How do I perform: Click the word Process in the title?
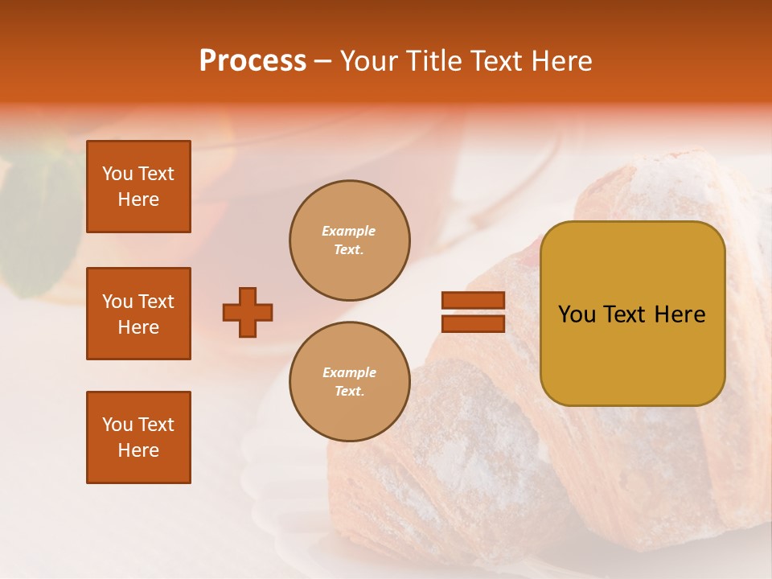(253, 61)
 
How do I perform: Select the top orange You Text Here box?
(138, 187)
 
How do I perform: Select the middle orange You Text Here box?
(138, 314)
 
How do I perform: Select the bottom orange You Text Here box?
(138, 437)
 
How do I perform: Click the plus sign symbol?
(248, 312)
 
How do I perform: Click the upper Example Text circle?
(350, 240)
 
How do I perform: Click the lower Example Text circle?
(350, 382)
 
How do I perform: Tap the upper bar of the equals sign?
(473, 300)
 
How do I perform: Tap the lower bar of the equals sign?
(473, 323)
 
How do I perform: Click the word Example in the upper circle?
(349, 231)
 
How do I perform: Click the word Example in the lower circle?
(349, 372)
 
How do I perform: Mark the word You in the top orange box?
(117, 174)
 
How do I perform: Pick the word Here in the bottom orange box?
(138, 450)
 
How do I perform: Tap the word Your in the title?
(368, 61)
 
